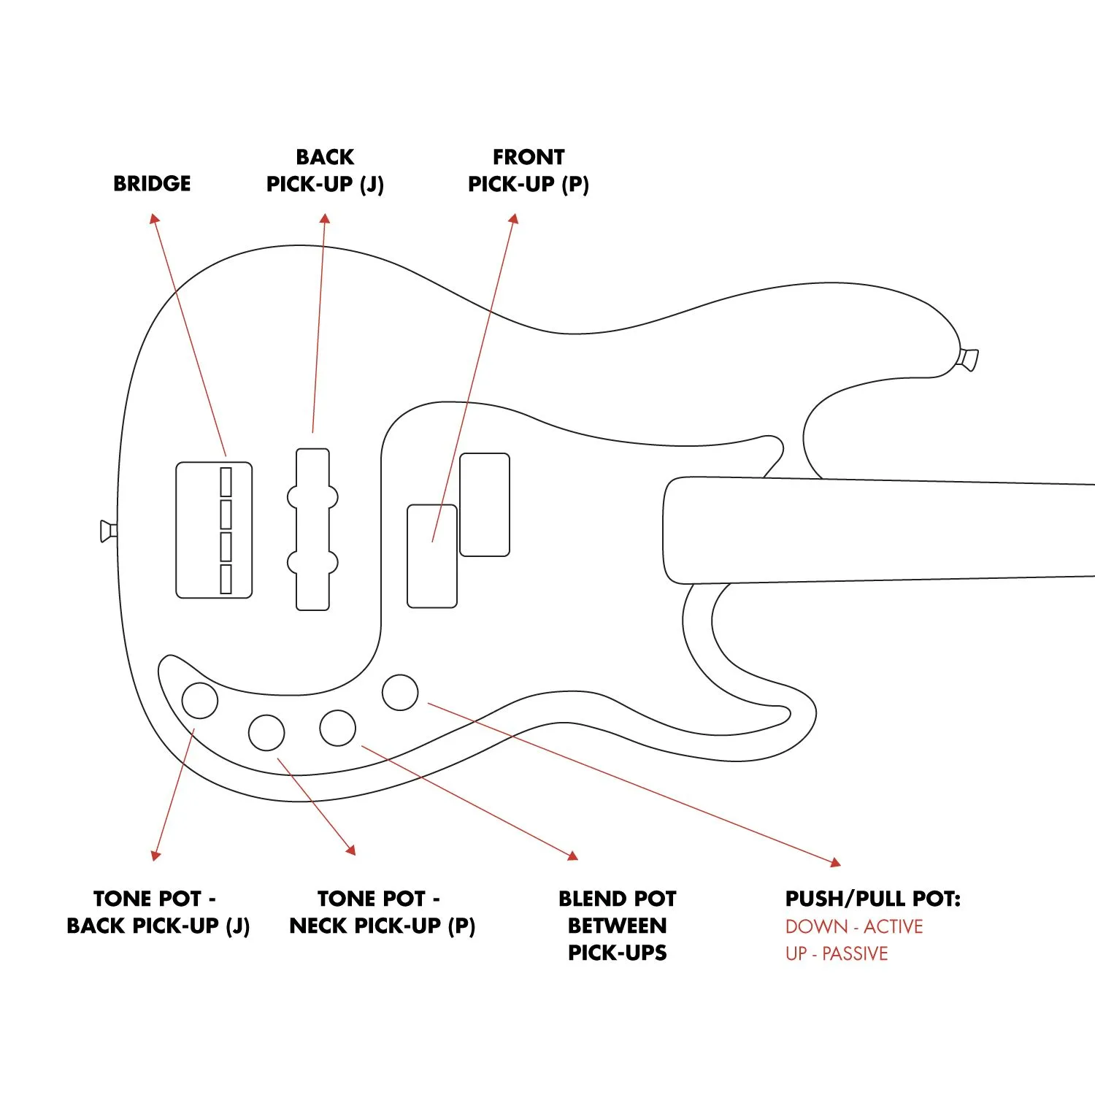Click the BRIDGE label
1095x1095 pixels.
(152, 183)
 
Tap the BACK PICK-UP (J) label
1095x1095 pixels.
(325, 171)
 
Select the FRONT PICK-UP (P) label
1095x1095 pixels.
(528, 171)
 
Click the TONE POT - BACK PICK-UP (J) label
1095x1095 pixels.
(158, 912)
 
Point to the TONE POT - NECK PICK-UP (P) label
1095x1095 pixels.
(382, 912)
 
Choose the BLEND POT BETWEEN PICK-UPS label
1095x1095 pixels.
(617, 925)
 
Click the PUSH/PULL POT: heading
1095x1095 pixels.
(872, 899)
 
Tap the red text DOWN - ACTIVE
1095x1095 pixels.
(853, 926)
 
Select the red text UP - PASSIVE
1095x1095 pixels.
(836, 953)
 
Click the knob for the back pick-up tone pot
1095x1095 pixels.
(199, 700)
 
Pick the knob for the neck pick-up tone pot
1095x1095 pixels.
(266, 732)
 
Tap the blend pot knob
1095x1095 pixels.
(337, 728)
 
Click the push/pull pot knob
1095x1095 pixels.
(400, 692)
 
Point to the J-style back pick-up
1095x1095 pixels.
(312, 529)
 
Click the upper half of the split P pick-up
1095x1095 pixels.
(484, 504)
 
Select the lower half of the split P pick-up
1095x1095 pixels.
(431, 556)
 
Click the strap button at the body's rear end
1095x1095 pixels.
(108, 531)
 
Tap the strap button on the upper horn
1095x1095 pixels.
(969, 359)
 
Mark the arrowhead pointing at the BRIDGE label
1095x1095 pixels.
(153, 218)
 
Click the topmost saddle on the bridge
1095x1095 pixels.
(226, 482)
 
